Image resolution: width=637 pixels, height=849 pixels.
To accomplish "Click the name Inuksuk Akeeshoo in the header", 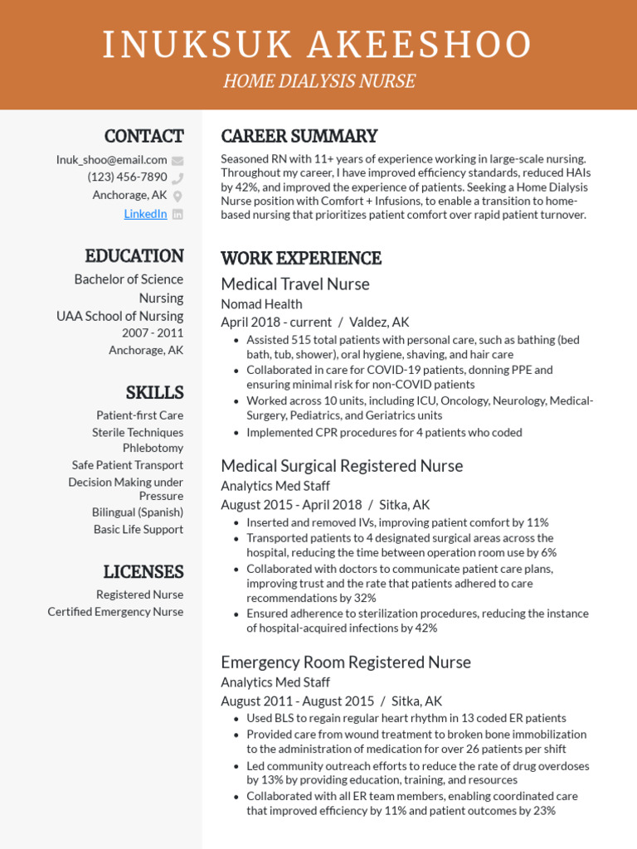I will pyautogui.click(x=318, y=45).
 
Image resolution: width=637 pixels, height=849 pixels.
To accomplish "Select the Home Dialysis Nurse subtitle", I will pyautogui.click(x=318, y=81).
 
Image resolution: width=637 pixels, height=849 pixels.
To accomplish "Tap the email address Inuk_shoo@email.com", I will pyautogui.click(x=111, y=160).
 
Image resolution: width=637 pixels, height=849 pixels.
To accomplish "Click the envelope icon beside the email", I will pyautogui.click(x=177, y=161).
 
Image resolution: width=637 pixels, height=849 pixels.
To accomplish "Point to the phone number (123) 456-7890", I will pyautogui.click(x=127, y=177).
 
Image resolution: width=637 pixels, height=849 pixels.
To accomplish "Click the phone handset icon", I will pyautogui.click(x=177, y=177).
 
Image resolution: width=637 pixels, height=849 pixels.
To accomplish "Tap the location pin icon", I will pyautogui.click(x=177, y=196).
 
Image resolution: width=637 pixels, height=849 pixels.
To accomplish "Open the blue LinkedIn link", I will pyautogui.click(x=145, y=214).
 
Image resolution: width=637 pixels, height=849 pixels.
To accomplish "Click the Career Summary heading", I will pyautogui.click(x=299, y=136).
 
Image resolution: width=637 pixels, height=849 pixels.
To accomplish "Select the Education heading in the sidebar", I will pyautogui.click(x=134, y=255).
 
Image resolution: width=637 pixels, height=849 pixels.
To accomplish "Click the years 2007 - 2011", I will pyautogui.click(x=153, y=333).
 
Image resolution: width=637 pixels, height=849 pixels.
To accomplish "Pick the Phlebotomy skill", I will pyautogui.click(x=153, y=449).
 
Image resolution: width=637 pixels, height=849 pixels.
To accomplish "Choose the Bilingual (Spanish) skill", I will pyautogui.click(x=138, y=512).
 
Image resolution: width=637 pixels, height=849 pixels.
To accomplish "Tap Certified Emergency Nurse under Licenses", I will pyautogui.click(x=115, y=612).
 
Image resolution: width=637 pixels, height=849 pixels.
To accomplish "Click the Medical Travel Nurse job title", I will pyautogui.click(x=294, y=284).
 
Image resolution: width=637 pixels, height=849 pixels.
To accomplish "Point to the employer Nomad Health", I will pyautogui.click(x=261, y=304).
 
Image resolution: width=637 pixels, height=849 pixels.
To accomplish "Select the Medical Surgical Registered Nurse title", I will pyautogui.click(x=342, y=466).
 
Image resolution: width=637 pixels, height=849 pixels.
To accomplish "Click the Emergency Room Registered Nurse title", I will pyautogui.click(x=345, y=662).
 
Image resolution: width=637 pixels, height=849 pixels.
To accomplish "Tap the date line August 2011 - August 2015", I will pyautogui.click(x=297, y=701).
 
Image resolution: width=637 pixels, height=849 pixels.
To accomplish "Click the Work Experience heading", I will pyautogui.click(x=300, y=258).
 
